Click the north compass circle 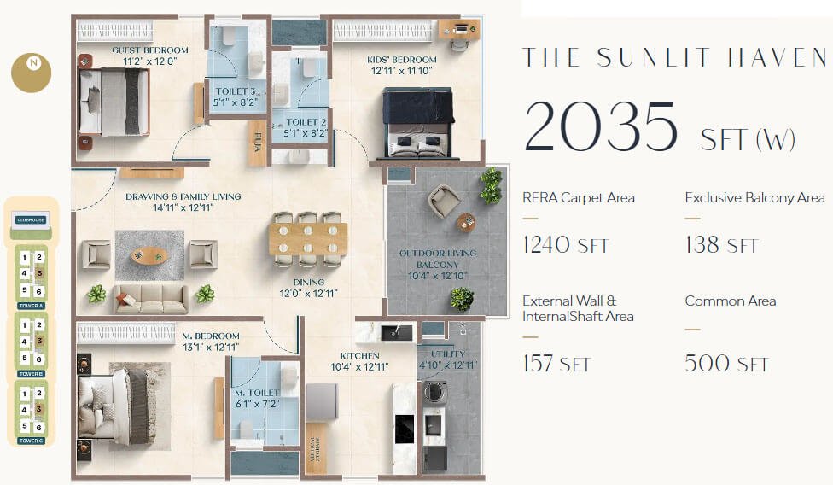pyautogui.click(x=31, y=72)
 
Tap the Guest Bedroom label pyautogui.click(x=150, y=56)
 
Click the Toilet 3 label pyautogui.click(x=235, y=96)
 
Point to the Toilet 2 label pyautogui.click(x=303, y=128)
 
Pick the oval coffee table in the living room pyautogui.click(x=150, y=254)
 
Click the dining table pyautogui.click(x=307, y=239)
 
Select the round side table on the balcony pyautogui.click(x=465, y=222)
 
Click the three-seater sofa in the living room pyautogui.click(x=151, y=297)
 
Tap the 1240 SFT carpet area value pyautogui.click(x=565, y=246)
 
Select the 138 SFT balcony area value pyautogui.click(x=721, y=246)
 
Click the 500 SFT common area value pyautogui.click(x=726, y=364)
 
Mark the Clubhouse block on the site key pyautogui.click(x=31, y=220)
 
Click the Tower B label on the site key pyautogui.click(x=31, y=373)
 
